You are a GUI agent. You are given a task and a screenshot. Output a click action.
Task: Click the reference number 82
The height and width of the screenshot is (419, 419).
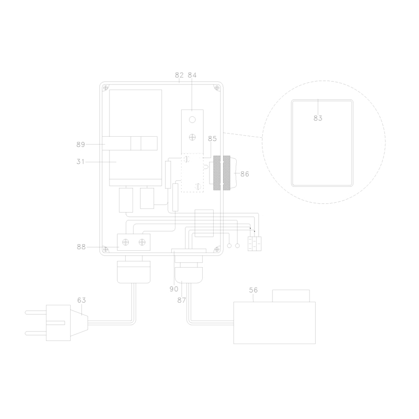click(179, 75)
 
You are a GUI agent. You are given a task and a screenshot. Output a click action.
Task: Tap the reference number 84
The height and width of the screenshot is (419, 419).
click(192, 75)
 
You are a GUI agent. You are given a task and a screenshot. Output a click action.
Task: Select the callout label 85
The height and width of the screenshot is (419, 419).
click(212, 139)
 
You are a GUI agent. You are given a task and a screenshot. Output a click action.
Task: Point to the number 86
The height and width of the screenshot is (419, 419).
click(245, 174)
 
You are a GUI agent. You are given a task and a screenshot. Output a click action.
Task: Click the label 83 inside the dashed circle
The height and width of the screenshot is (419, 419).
click(318, 118)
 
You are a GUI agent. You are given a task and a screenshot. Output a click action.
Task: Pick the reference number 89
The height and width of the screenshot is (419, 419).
click(81, 145)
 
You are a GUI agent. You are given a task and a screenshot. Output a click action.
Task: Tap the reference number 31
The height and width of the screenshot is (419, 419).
click(81, 162)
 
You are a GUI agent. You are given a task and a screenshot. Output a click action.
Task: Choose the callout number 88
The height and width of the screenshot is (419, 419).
click(81, 247)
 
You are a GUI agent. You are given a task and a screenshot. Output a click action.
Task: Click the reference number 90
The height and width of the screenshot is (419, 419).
click(174, 289)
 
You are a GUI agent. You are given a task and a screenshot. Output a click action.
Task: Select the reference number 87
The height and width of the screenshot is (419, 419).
click(181, 300)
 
